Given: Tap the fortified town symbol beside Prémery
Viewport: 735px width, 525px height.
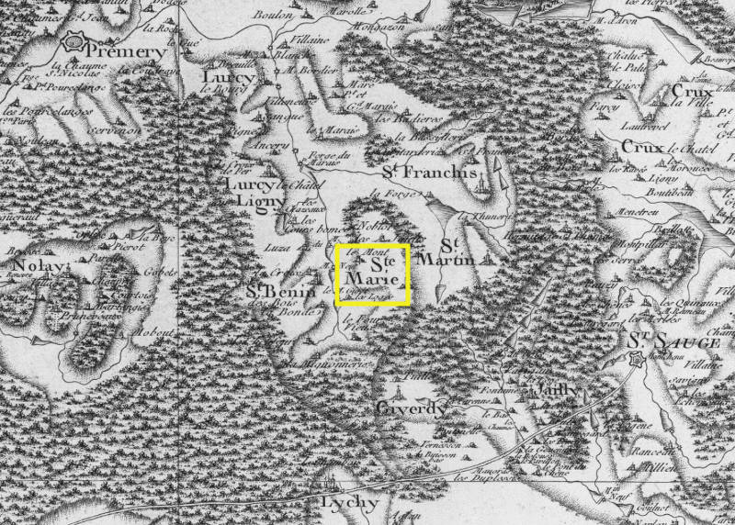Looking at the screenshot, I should [73, 42].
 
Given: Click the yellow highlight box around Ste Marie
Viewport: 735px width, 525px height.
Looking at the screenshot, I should [372, 274].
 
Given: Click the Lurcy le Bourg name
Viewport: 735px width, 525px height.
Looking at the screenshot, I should [220, 78].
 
